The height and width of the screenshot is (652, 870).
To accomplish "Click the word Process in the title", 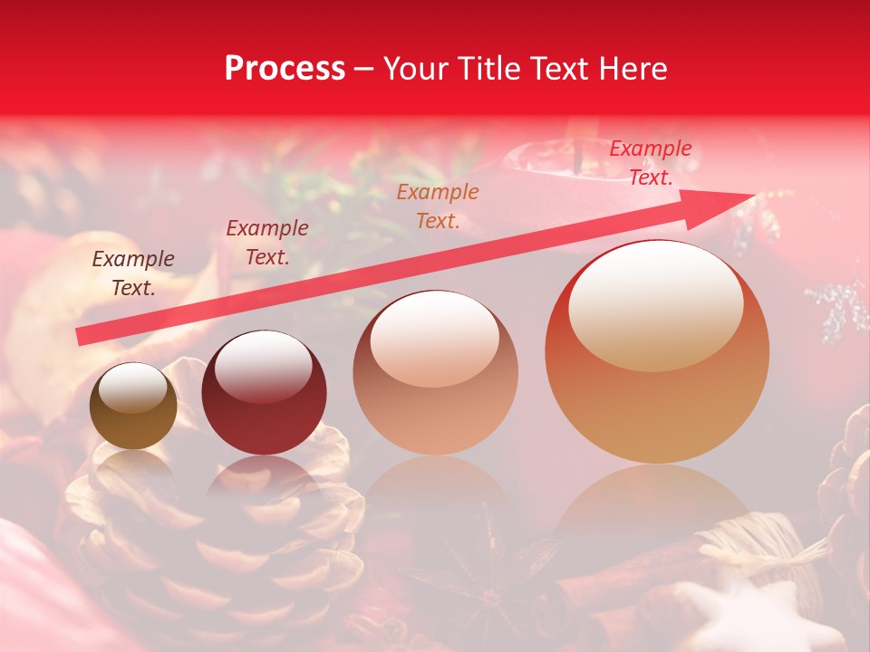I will [x=285, y=69].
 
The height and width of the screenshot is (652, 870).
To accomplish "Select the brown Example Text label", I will [x=133, y=273].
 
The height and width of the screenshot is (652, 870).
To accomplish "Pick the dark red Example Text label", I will [x=267, y=243].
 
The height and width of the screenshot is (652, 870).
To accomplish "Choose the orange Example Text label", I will [x=438, y=206].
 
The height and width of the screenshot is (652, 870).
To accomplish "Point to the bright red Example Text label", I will [x=650, y=163].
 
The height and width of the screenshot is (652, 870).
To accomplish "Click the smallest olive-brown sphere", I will [x=133, y=407].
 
